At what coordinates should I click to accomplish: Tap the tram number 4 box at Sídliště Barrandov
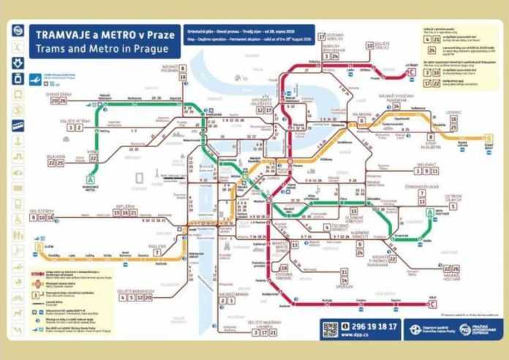click(x=121, y=298)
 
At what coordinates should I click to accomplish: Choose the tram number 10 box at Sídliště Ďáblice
click(x=370, y=45)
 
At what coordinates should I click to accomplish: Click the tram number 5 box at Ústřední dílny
click(x=453, y=206)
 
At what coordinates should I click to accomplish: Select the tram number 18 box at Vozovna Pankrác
click(x=283, y=269)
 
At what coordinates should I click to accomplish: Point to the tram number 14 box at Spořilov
click(x=344, y=271)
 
